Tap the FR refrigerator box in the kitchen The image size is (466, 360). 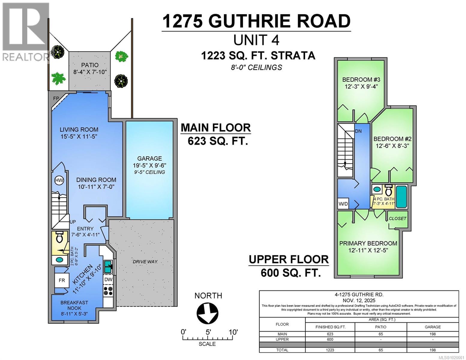pos(62,280)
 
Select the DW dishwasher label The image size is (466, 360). pos(108,280)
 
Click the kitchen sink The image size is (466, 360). pos(108,266)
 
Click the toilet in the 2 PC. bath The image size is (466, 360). pos(59,238)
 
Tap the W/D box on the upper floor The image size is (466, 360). pos(343,204)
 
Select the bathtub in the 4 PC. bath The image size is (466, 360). pos(401,197)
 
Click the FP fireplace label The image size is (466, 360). pos(56,98)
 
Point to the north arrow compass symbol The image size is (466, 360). pos(207,313)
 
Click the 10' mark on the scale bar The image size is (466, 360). pos(233,332)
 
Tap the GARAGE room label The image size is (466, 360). pos(149,158)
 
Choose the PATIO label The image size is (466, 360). pos(90,65)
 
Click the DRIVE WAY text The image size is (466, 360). pos(145,262)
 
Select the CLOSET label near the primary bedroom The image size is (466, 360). pos(397,218)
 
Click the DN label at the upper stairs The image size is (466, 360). pos(358,131)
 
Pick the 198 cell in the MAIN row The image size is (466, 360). pos(432,334)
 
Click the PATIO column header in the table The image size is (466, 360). pos(381,327)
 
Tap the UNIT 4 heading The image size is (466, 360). pos(256,40)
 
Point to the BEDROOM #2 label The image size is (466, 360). pos(392,139)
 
